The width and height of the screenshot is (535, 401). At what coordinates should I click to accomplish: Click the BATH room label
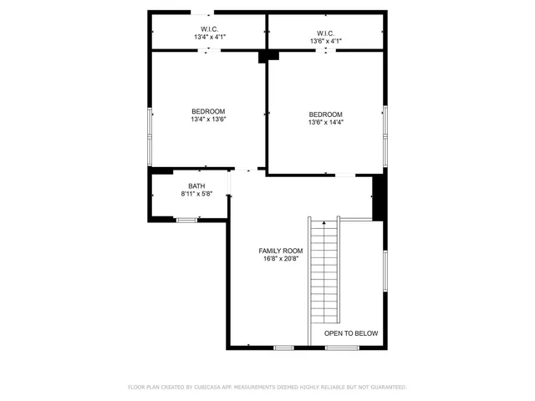pos(196,186)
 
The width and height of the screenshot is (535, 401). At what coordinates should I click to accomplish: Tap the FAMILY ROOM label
pos(280,251)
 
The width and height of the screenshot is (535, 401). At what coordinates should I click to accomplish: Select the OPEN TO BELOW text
pos(351,333)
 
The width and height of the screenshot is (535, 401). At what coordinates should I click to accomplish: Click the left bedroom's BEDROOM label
pos(208,111)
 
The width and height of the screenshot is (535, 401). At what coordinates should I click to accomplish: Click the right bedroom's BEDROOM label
pos(325,114)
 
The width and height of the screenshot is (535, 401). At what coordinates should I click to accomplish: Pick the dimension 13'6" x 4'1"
pos(325,41)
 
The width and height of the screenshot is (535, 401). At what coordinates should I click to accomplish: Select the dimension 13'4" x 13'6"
pos(208,119)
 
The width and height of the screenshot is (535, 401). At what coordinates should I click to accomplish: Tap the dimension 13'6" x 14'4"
pos(325,123)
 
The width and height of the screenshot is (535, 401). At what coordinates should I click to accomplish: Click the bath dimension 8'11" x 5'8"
pos(196,194)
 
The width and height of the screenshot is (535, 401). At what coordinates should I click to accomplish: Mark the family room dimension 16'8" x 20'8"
pos(280,259)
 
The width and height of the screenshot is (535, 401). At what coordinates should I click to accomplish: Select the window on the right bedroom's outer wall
pos(385,134)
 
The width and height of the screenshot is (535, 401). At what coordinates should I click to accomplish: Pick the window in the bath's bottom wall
pos(186,220)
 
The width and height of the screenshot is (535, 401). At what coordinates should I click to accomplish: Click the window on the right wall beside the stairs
pos(385,271)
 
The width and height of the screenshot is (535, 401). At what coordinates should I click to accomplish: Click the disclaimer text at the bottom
pos(267,387)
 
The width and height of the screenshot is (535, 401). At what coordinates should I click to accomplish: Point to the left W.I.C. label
pos(208,29)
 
